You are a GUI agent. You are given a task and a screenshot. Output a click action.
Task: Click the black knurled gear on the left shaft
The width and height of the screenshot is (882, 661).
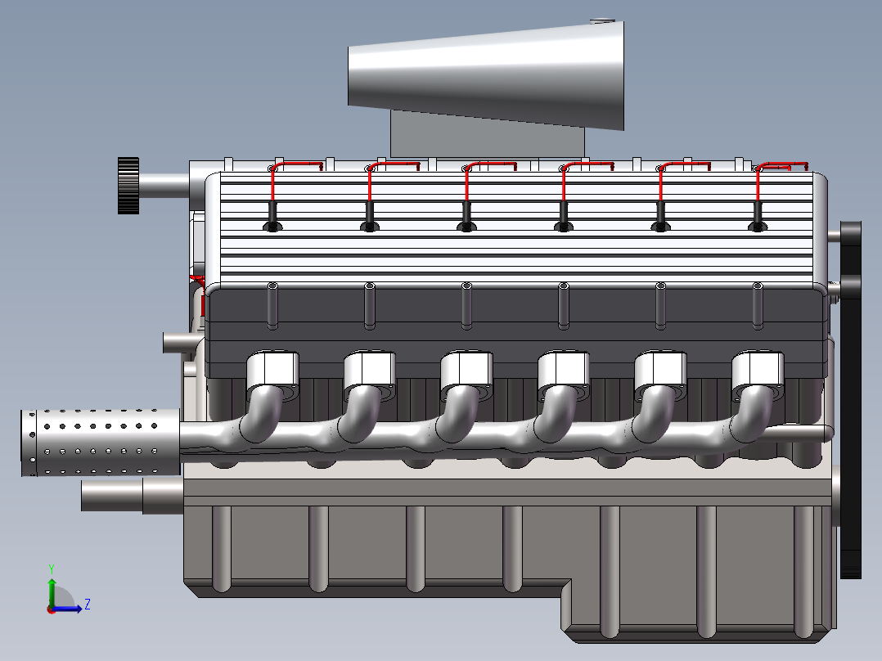pos(128,186)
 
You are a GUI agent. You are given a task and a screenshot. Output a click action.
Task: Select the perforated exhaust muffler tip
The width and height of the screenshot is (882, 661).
pos(101,443)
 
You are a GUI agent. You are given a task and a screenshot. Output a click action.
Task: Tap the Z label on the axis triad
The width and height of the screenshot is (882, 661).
pos(88,605)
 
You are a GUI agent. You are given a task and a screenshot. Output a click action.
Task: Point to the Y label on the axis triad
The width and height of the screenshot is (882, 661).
pos(52,569)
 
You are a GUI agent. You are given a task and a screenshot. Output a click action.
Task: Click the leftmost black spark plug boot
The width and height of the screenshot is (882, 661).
pos(272,216)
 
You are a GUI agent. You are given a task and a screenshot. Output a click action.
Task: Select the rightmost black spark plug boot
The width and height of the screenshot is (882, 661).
pos(758,216)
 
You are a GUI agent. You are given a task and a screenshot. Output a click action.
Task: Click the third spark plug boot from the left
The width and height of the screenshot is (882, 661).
pos(467,216)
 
